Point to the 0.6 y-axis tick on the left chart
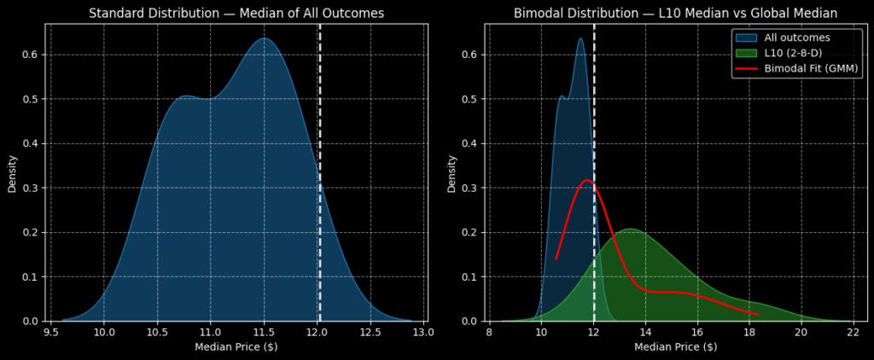click(29, 55)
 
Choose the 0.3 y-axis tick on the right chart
click(469, 188)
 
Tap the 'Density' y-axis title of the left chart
click(13, 173)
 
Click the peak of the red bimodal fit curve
click(587, 180)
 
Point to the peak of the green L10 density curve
click(630, 229)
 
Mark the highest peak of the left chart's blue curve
click(264, 38)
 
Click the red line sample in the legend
click(745, 68)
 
